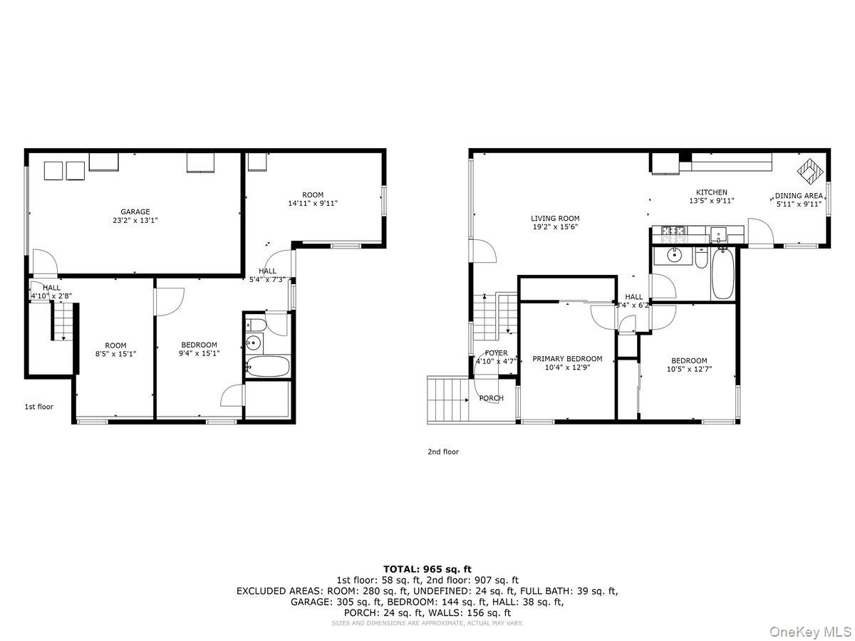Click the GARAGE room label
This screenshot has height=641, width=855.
pyautogui.click(x=135, y=212)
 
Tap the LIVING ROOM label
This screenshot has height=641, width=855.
pyautogui.click(x=555, y=219)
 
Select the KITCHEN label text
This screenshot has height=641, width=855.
pyautogui.click(x=712, y=192)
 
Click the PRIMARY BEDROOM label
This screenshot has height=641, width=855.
pyautogui.click(x=567, y=359)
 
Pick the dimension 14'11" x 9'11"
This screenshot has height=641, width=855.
pyautogui.click(x=312, y=203)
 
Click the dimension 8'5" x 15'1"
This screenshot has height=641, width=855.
pyautogui.click(x=115, y=354)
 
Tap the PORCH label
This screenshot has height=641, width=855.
pyautogui.click(x=492, y=398)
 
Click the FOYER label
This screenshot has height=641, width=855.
pyautogui.click(x=496, y=353)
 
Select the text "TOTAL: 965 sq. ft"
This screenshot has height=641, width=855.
pyautogui.click(x=427, y=569)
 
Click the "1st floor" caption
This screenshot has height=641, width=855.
pyautogui.click(x=39, y=407)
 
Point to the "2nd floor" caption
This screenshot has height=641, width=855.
pyautogui.click(x=443, y=452)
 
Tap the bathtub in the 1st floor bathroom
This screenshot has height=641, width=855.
pyautogui.click(x=267, y=367)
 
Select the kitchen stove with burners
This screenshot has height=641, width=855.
pyautogui.click(x=673, y=231)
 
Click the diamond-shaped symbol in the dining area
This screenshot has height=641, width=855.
pyautogui.click(x=810, y=170)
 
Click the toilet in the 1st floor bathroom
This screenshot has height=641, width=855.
pyautogui.click(x=256, y=325)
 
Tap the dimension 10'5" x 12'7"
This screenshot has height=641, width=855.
pyautogui.click(x=689, y=369)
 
